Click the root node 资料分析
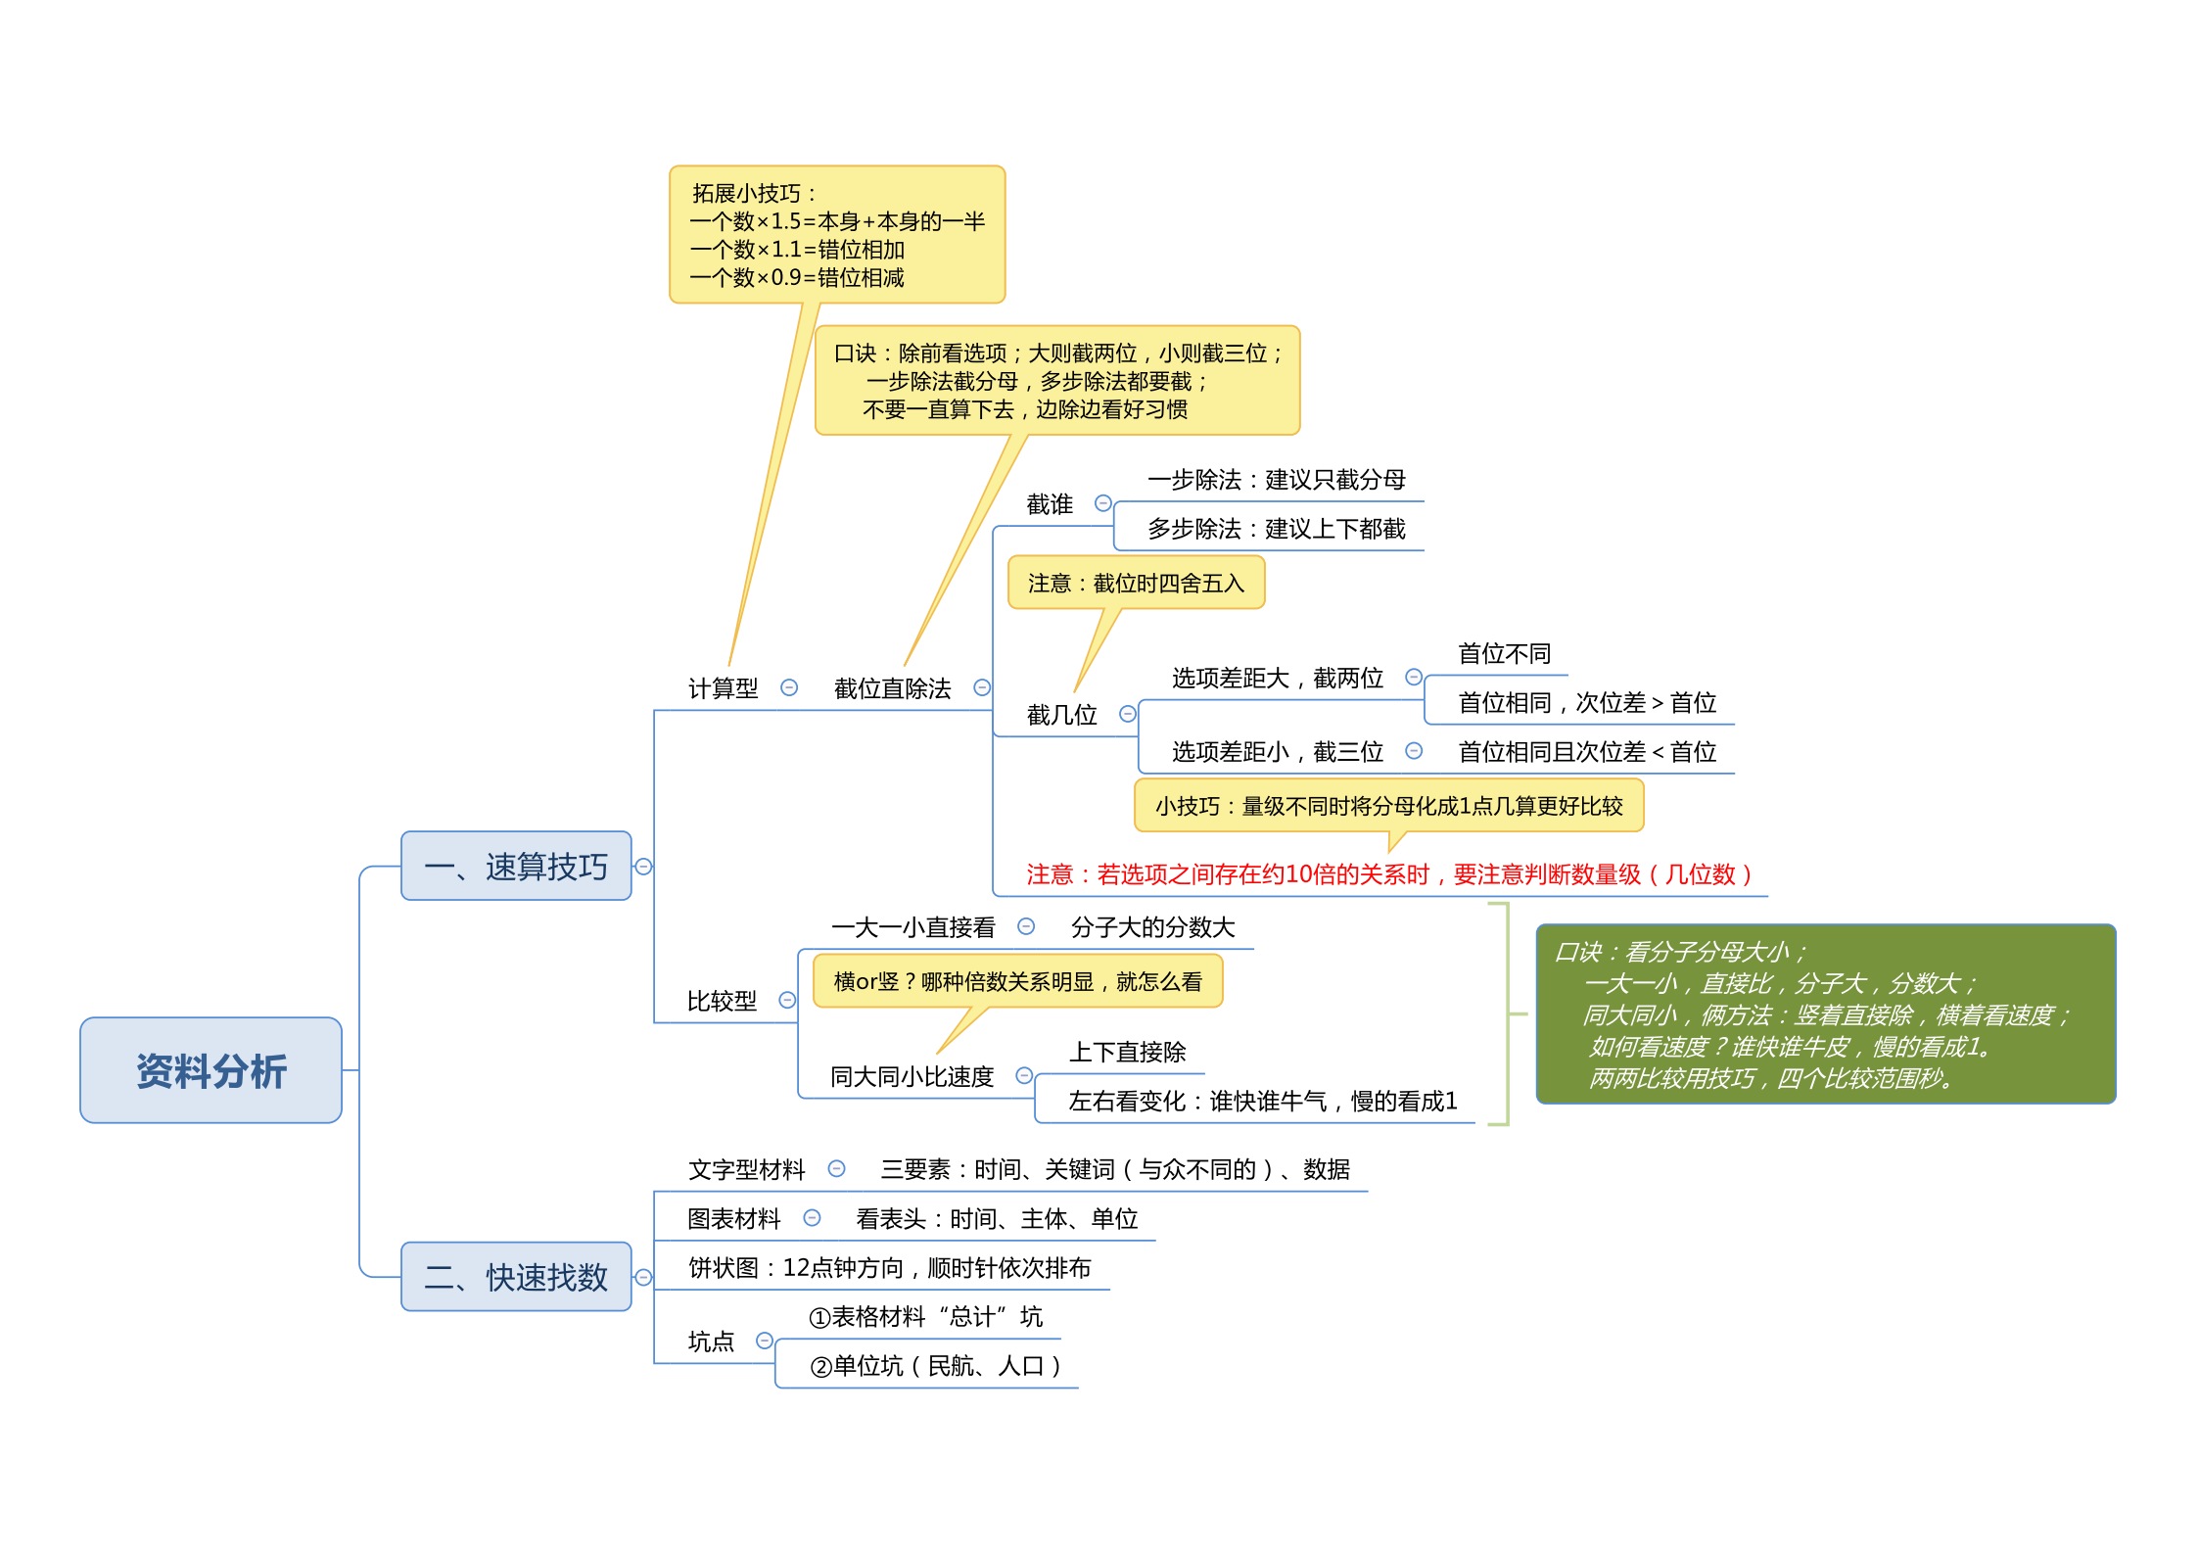(x=210, y=1070)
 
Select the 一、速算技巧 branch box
(x=516, y=866)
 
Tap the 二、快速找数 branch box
(x=516, y=1277)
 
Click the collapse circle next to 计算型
(x=789, y=687)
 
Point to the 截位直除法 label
(x=892, y=688)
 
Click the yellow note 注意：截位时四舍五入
(x=1136, y=583)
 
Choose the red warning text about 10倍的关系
(x=1388, y=873)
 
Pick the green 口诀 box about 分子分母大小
(x=1826, y=1013)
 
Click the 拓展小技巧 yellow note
(x=837, y=234)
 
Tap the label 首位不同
(x=1504, y=653)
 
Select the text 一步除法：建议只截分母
(x=1277, y=479)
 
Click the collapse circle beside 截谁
(x=1103, y=503)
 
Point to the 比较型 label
(x=722, y=1001)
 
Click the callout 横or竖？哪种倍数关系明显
(x=1017, y=981)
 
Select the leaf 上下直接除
(x=1127, y=1052)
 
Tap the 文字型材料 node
(x=746, y=1169)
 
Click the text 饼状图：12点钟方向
(x=889, y=1267)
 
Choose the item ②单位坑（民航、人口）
(x=936, y=1365)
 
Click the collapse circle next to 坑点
(x=766, y=1341)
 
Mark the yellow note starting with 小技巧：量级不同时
(x=1388, y=805)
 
